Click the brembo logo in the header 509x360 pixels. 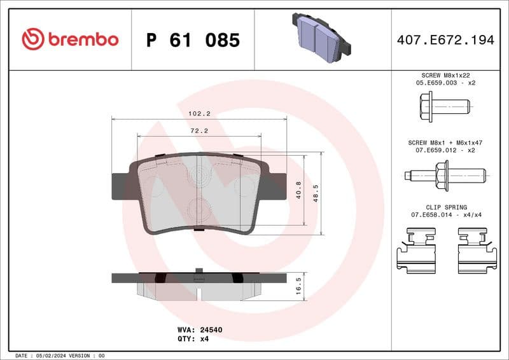pos(70,39)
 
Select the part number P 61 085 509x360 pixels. pos(193,40)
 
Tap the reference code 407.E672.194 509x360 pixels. pos(445,40)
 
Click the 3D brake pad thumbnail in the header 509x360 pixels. pos(321,38)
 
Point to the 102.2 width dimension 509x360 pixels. pos(199,114)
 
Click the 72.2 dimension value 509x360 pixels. pos(199,130)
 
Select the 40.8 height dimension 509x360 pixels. pos(299,190)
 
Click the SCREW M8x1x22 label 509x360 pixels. pos(445,75)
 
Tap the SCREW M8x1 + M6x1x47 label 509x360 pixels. pos(445,143)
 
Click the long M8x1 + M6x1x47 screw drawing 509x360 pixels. pos(445,174)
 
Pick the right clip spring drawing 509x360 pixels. pos(477,251)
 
